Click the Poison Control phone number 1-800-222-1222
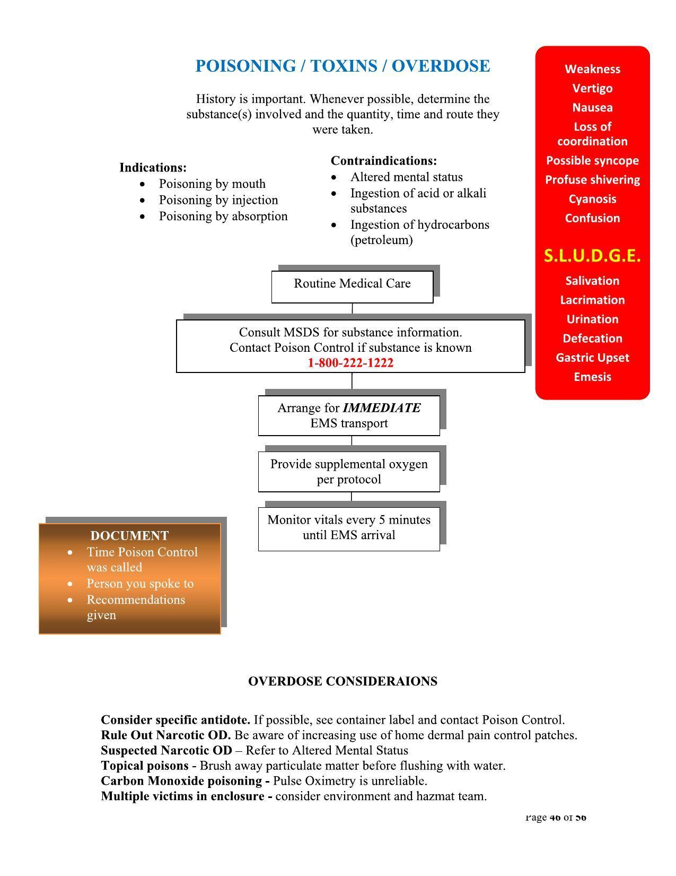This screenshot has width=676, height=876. coord(350,363)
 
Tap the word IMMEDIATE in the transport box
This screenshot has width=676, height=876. coord(382,408)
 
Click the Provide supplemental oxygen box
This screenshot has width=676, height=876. coord(349,472)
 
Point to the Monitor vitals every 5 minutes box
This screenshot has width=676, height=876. coord(349,528)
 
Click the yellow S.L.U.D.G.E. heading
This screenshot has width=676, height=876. coord(592,256)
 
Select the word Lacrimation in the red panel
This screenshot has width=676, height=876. coord(592,300)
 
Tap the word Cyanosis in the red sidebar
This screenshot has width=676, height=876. coord(592,199)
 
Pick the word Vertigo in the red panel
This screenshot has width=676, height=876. coord(592,89)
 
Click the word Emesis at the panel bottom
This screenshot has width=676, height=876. coord(592,377)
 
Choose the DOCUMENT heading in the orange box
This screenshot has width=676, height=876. coord(129,536)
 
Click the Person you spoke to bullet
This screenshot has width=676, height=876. coord(140,584)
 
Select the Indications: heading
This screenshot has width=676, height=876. coord(153,168)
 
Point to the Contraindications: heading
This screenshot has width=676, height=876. coord(384,161)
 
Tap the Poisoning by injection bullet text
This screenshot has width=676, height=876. coord(218,200)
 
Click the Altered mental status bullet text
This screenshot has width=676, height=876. coord(406,177)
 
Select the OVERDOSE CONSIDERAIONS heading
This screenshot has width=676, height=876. coord(343,681)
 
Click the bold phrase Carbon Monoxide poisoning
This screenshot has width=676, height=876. coord(181,781)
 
